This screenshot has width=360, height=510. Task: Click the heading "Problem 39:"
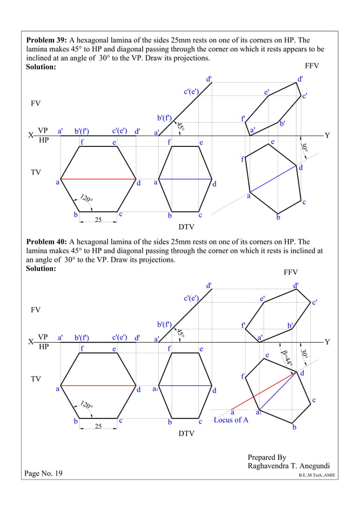[47, 41]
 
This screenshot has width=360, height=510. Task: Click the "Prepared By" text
[267, 457]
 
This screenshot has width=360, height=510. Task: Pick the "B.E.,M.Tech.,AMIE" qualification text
[317, 476]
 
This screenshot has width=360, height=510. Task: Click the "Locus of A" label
[231, 420]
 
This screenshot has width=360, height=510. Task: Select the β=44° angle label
[287, 358]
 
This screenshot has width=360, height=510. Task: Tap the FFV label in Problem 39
[311, 66]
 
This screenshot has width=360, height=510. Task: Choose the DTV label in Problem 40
[186, 434]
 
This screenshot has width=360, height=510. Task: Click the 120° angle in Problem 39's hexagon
[86, 198]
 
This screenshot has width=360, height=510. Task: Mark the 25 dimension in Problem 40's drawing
[98, 426]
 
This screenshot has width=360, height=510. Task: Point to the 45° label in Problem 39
[181, 127]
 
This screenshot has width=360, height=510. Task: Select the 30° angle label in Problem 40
[305, 354]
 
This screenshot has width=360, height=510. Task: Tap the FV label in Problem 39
[35, 104]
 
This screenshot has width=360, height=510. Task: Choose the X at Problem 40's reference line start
[29, 342]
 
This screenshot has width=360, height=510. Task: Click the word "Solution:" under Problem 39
[41, 67]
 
